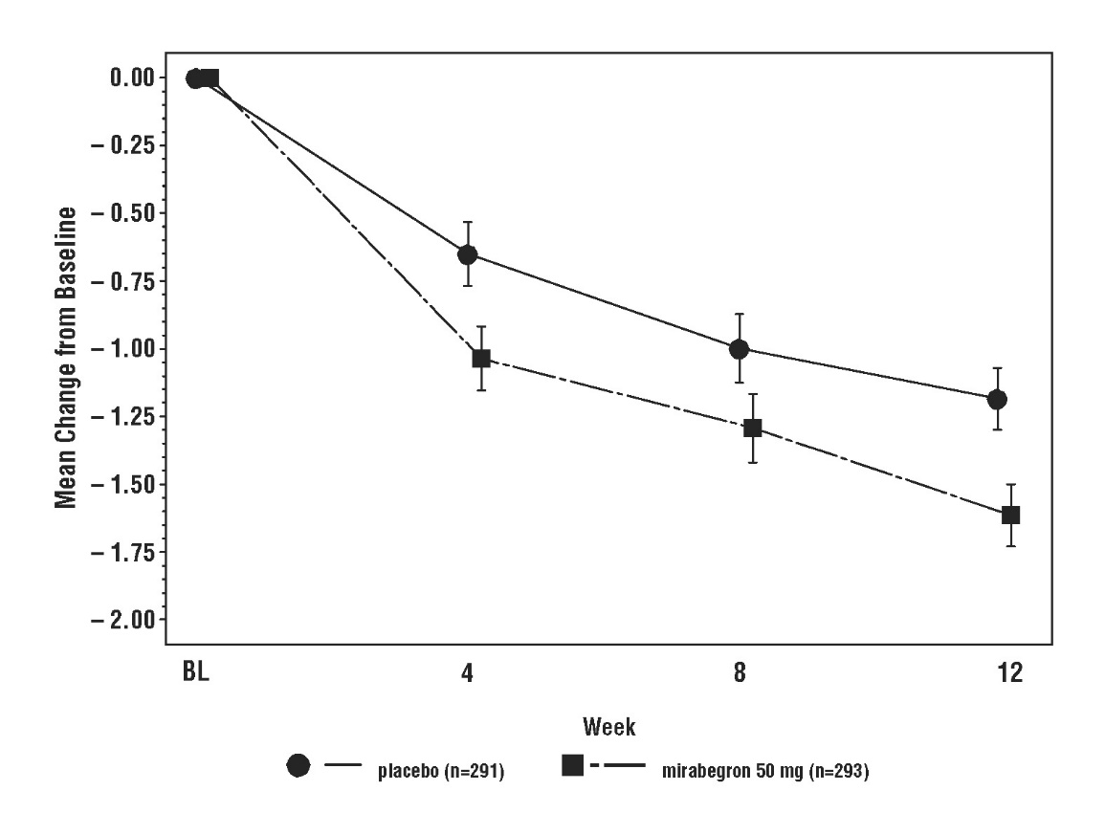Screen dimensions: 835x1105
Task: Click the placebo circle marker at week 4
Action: tap(468, 254)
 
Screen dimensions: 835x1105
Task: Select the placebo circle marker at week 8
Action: tap(739, 349)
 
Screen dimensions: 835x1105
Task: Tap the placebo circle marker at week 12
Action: tap(997, 399)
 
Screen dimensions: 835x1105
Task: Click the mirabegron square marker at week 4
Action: tap(481, 359)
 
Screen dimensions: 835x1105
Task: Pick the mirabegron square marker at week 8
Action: tap(753, 428)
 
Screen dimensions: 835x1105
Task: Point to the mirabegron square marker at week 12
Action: tap(1010, 515)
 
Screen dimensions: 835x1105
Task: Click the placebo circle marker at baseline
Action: tap(195, 78)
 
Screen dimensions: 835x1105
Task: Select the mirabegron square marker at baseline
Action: tap(210, 78)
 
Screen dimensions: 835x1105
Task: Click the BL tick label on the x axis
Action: tap(195, 672)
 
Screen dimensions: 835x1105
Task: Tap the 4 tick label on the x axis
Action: tap(467, 672)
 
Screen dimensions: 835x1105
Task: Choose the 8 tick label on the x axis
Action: tap(740, 672)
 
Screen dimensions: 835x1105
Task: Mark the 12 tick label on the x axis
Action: tap(1010, 672)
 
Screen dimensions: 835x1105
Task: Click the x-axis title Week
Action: tap(609, 728)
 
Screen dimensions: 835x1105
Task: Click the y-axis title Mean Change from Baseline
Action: tap(65, 349)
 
